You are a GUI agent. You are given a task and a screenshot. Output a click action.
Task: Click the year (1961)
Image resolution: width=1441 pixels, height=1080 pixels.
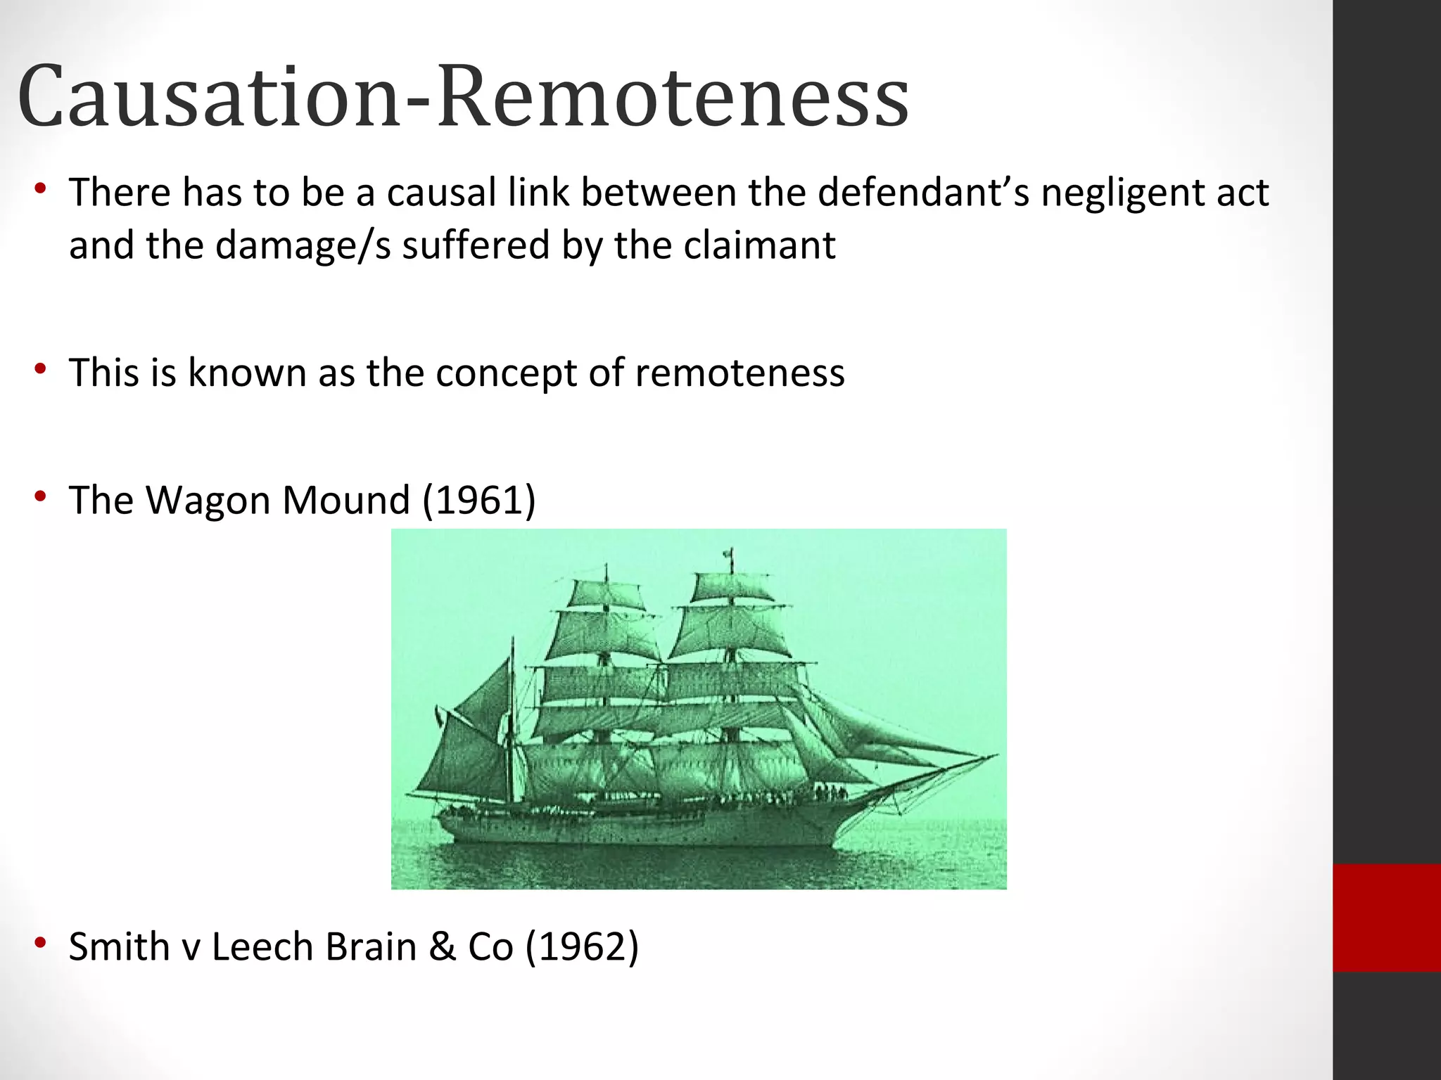478,501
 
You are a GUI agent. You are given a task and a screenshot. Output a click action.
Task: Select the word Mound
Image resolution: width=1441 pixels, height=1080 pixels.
345,501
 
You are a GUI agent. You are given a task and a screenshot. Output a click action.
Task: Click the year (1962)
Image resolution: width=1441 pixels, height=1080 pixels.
582,947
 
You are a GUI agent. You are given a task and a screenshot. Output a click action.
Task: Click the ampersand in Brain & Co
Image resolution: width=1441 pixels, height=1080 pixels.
442,947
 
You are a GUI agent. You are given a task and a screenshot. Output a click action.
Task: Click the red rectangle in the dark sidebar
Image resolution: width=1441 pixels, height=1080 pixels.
1386,918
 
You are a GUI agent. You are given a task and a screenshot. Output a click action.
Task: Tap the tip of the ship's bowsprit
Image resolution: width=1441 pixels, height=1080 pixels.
996,756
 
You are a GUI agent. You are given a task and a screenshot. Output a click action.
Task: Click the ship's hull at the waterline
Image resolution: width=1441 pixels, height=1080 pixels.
633,840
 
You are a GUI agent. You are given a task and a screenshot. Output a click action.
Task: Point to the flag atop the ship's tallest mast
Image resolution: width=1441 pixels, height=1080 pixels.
730,553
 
